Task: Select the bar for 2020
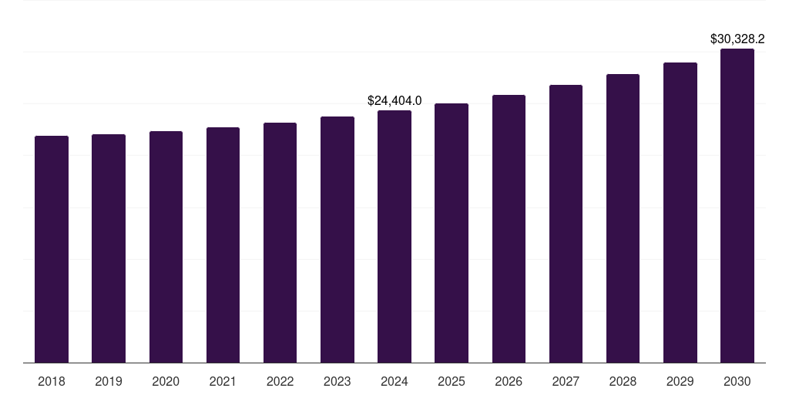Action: tap(166, 247)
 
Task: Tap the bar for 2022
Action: tap(280, 242)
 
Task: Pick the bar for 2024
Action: tap(394, 236)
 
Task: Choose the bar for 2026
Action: tap(509, 228)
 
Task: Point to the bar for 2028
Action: tap(623, 218)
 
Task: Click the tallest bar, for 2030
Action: tap(737, 205)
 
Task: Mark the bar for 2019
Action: tap(109, 248)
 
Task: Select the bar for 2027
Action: tap(566, 224)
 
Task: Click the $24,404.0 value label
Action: tap(394, 100)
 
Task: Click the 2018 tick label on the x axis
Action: tap(52, 381)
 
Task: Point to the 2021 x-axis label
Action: tap(223, 381)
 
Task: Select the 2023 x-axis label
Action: tap(337, 381)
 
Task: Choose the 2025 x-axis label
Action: tap(452, 381)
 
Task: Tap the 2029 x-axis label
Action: tap(680, 381)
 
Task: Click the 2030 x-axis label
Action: tap(737, 381)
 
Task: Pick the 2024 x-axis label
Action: tap(394, 381)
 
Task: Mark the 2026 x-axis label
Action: tap(509, 381)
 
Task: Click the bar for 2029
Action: tap(680, 212)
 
